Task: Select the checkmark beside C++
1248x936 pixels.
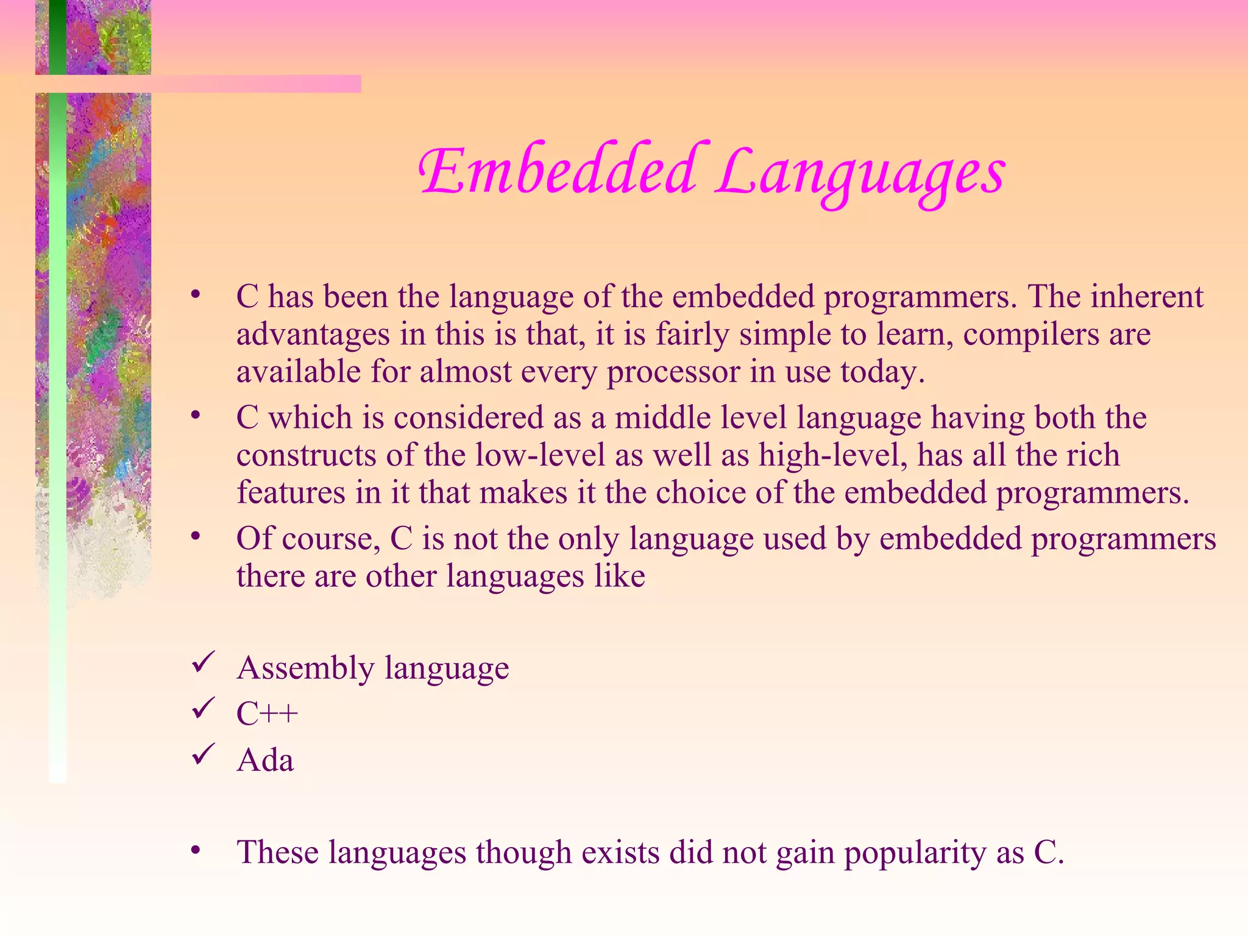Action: [203, 708]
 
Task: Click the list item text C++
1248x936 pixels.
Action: [268, 714]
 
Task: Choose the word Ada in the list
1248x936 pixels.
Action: [266, 760]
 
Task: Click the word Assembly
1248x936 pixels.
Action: [305, 668]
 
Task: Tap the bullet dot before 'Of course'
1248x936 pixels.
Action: [196, 536]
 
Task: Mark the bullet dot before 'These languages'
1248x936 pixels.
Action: [196, 849]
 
